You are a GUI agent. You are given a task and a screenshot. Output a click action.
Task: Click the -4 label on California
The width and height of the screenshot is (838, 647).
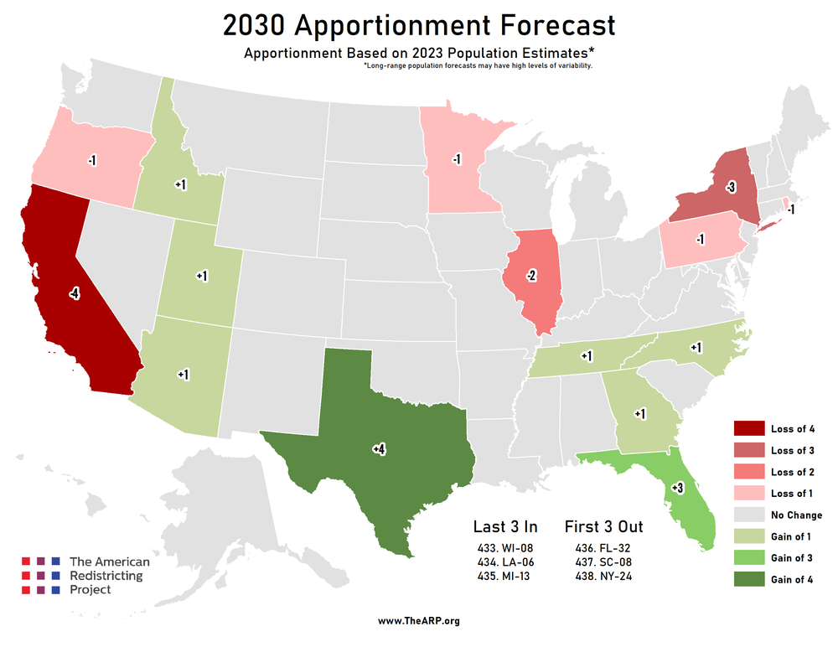click(75, 294)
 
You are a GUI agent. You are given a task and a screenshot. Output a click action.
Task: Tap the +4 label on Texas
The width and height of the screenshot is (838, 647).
click(379, 450)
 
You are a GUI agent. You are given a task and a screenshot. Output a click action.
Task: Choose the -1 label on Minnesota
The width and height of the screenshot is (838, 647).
click(457, 159)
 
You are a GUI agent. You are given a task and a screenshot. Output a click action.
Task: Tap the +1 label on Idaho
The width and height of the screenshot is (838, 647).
click(180, 184)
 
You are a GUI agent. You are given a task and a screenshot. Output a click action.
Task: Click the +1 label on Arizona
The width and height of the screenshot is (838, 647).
click(184, 374)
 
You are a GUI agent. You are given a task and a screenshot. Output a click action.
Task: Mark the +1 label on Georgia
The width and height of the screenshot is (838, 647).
click(639, 413)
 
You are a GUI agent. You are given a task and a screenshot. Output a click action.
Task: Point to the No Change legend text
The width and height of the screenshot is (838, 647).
click(796, 515)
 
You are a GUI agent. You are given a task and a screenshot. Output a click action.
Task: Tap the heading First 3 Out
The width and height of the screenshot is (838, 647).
click(603, 526)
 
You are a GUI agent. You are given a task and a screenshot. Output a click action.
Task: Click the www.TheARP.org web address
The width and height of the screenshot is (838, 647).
click(418, 621)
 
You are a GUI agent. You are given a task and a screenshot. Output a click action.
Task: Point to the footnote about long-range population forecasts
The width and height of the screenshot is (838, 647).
click(478, 65)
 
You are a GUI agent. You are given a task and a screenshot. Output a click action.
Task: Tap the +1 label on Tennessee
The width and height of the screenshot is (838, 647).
click(587, 356)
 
